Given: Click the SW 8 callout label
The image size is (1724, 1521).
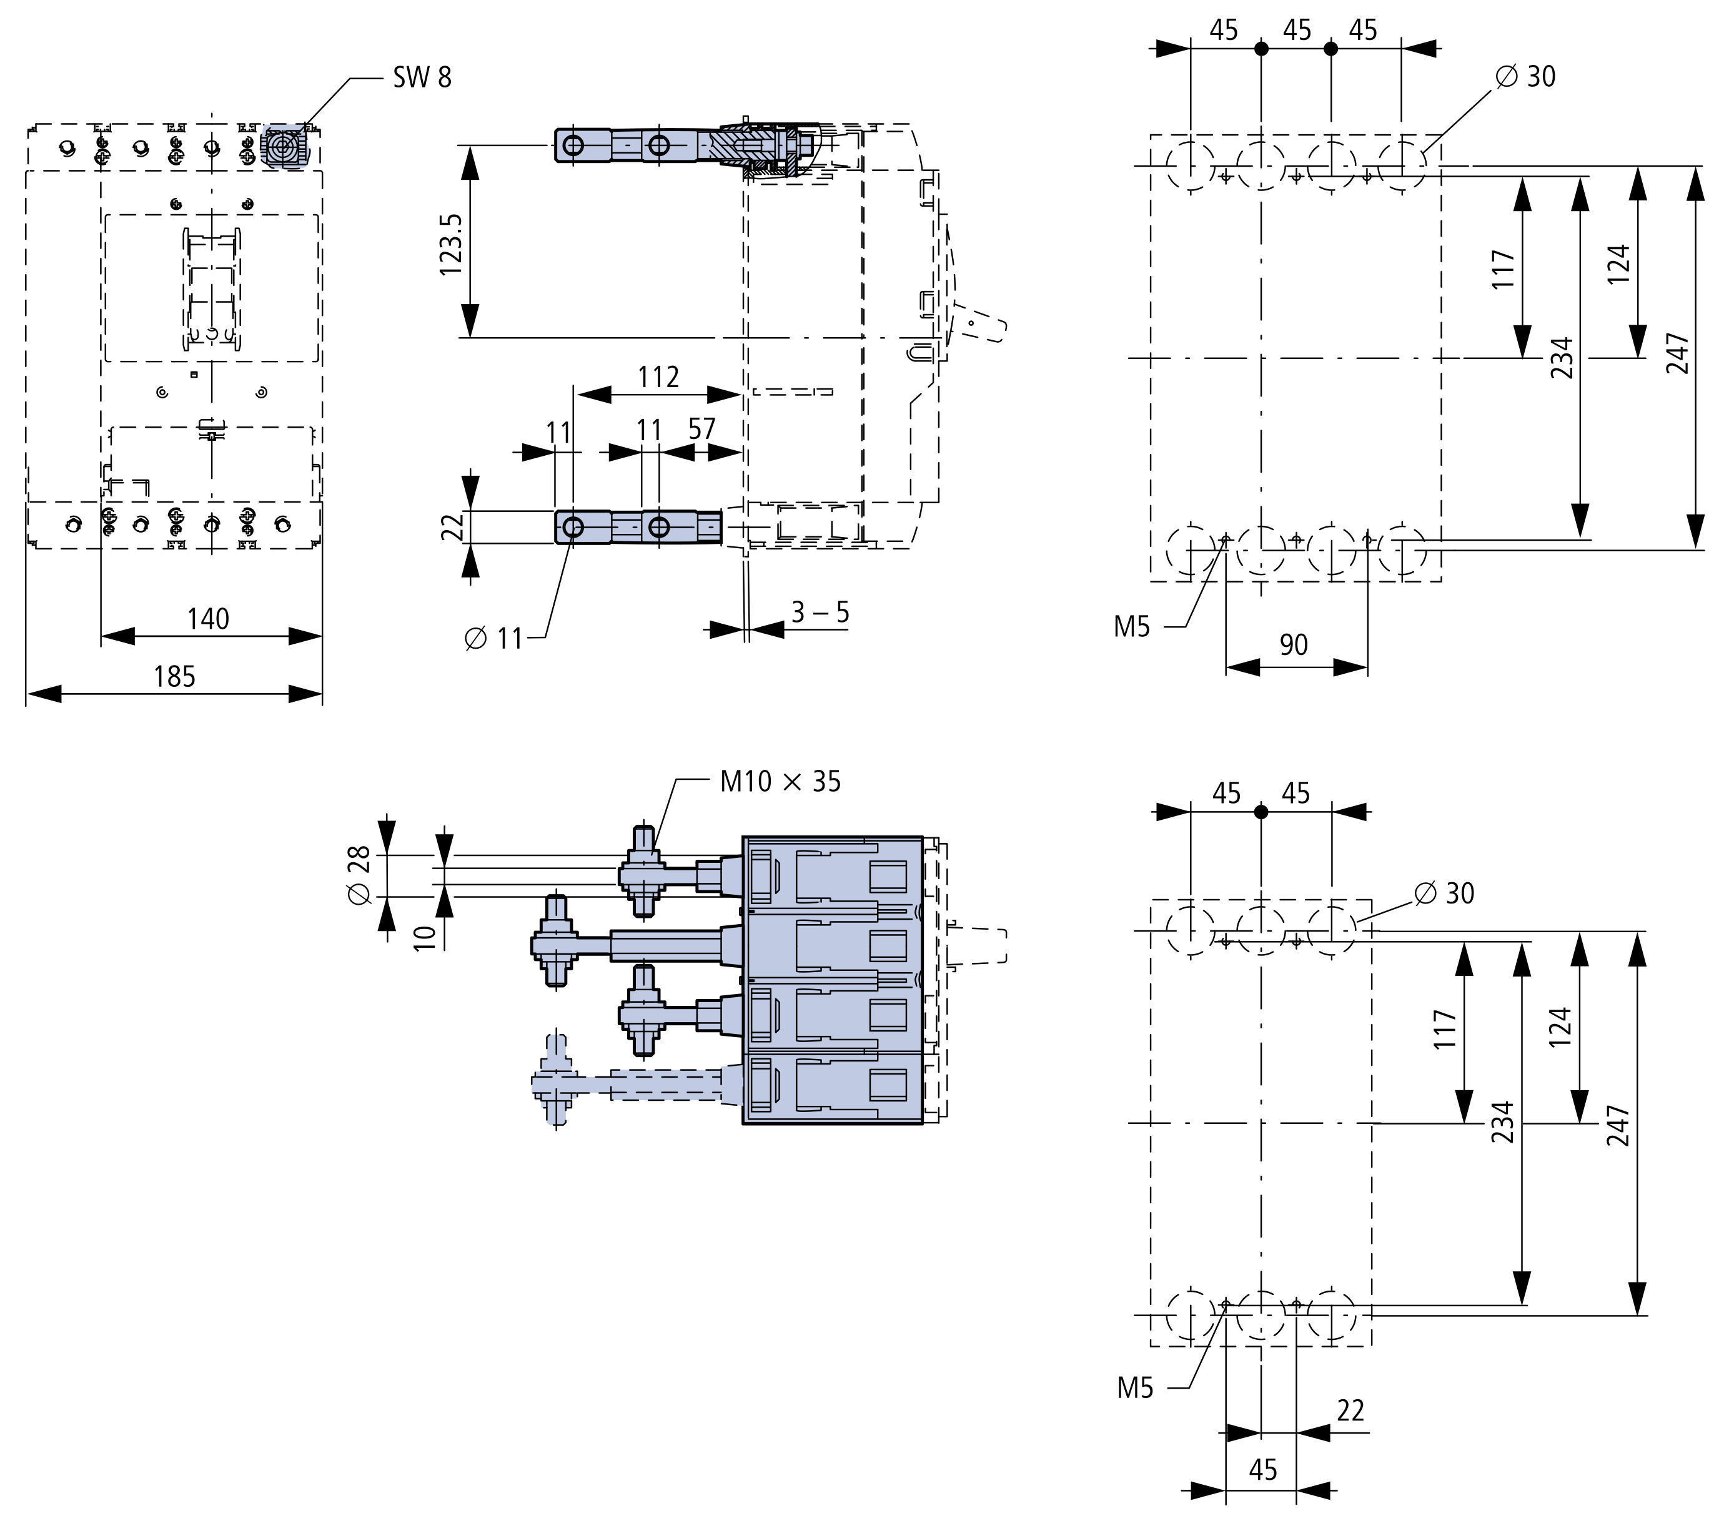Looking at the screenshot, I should [x=422, y=77].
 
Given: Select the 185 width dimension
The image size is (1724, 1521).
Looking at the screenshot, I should [x=175, y=676].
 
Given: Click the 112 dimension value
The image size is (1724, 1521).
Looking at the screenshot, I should [x=658, y=377].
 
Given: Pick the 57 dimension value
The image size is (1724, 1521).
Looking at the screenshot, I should [x=701, y=429].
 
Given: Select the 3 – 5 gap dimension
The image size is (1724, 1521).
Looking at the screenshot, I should [x=820, y=612].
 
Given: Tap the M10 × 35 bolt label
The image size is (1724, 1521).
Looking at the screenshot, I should [x=780, y=782].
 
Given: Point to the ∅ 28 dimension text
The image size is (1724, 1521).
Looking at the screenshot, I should [x=359, y=875].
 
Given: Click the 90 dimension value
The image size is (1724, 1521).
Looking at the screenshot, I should [x=1293, y=645].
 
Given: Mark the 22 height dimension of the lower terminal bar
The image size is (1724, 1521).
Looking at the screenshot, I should [x=453, y=528].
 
